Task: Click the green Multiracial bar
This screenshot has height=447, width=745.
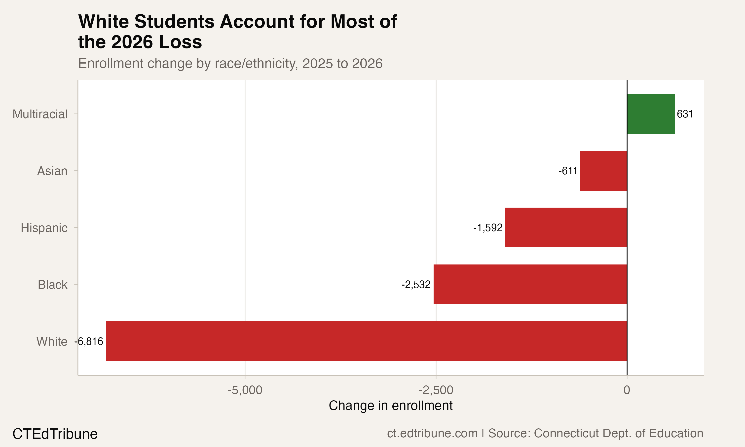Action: pos(651,114)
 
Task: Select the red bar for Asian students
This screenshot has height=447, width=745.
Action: pos(603,171)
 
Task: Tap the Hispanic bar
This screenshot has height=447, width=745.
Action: pos(566,227)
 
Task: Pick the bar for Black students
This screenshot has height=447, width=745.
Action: pos(530,284)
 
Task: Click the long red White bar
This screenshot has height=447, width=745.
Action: pos(367,341)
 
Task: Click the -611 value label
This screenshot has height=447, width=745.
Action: pos(568,171)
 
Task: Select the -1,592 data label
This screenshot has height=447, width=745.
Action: pos(488,228)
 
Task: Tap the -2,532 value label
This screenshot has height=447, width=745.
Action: pos(416,284)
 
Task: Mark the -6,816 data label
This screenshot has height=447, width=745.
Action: pos(89,341)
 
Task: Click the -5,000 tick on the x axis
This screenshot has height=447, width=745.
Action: pos(245,390)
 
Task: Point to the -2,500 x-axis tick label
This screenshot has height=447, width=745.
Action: pos(436,390)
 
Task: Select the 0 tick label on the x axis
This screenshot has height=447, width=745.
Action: pos(627,390)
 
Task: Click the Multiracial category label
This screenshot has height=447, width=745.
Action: pos(40,114)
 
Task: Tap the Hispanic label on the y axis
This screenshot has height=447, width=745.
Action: pos(44,228)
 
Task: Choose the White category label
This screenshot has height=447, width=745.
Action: pos(52,341)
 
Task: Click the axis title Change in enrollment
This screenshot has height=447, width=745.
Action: pos(391,406)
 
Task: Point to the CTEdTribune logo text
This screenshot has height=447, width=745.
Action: pos(55,434)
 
